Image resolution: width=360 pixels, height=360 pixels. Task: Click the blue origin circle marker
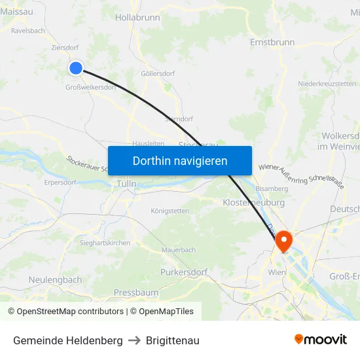pyautogui.click(x=76, y=67)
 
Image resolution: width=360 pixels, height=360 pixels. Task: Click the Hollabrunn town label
pyautogui.click(x=137, y=18)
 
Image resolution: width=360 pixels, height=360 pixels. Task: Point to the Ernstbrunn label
pyautogui.click(x=272, y=42)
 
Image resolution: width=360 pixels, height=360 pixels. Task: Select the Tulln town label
pyautogui.click(x=126, y=184)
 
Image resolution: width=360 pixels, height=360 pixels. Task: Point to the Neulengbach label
pyautogui.click(x=56, y=279)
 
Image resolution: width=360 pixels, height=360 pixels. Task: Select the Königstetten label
pyautogui.click(x=170, y=211)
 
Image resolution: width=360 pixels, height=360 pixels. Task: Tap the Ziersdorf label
pyautogui.click(x=65, y=48)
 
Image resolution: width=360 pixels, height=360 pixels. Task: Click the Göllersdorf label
pyautogui.click(x=158, y=73)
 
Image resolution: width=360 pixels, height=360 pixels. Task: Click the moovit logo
pyautogui.click(x=320, y=340)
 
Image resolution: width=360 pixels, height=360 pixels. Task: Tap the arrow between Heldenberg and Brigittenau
pyautogui.click(x=134, y=341)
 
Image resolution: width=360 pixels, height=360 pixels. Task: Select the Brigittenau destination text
pyautogui.click(x=173, y=341)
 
